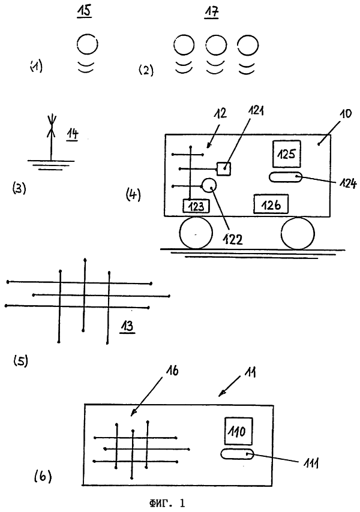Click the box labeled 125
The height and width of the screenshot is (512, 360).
(x=286, y=154)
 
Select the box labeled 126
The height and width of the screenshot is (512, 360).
(x=271, y=204)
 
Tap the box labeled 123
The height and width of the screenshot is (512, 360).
(x=196, y=206)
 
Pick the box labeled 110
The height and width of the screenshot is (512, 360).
(x=239, y=431)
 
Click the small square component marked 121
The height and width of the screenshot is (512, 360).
(x=224, y=169)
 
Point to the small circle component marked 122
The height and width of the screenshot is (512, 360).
(x=209, y=186)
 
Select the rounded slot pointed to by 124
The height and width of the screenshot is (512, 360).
(x=286, y=177)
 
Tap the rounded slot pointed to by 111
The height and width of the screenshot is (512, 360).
(x=237, y=454)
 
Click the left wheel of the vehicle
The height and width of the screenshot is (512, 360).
(x=196, y=233)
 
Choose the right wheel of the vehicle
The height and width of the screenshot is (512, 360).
(x=298, y=233)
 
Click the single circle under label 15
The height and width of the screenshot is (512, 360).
(x=88, y=44)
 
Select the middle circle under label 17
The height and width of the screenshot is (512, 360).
(x=216, y=45)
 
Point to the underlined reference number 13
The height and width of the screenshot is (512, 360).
(x=127, y=327)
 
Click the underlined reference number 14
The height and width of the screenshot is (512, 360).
(x=73, y=134)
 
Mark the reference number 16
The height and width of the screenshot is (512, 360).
(x=172, y=371)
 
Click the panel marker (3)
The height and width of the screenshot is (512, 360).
(x=19, y=188)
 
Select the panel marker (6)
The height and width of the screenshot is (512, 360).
(x=43, y=477)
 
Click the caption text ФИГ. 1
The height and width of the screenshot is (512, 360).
(x=167, y=503)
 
